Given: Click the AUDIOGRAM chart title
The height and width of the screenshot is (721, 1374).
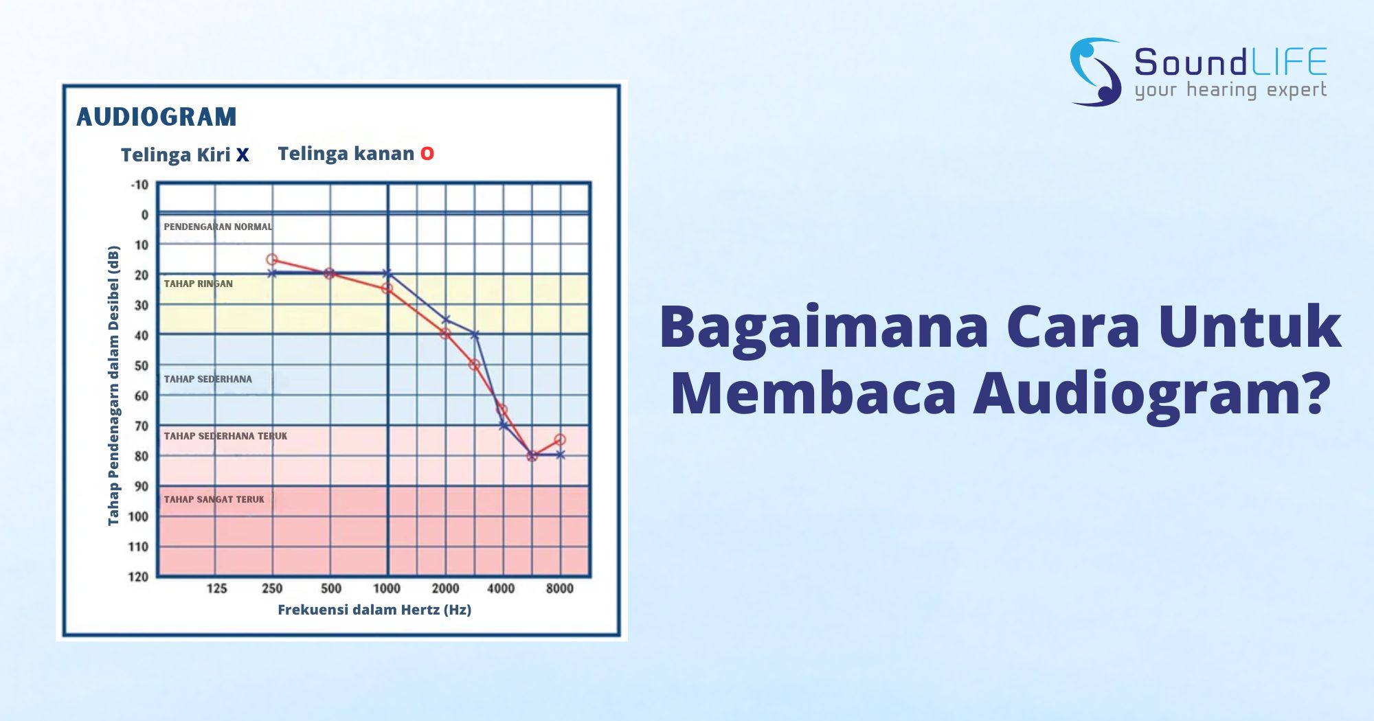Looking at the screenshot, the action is tap(157, 117).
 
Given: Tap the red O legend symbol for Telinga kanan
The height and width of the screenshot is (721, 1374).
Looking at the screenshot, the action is tap(427, 154).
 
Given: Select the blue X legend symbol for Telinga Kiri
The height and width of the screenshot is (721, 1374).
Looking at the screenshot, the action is tap(243, 155).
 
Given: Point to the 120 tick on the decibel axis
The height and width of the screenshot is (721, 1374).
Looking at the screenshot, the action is tap(138, 576).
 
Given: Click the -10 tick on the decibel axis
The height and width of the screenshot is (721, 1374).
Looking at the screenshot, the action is tap(139, 185).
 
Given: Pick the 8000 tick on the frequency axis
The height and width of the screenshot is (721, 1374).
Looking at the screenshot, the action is tap(560, 588).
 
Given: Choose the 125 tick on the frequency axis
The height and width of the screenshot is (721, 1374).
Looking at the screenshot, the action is tap(217, 588).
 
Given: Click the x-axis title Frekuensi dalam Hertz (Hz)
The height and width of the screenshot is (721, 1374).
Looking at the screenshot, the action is tap(374, 610).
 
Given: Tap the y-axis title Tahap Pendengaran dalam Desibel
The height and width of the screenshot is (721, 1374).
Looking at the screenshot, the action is tap(113, 386).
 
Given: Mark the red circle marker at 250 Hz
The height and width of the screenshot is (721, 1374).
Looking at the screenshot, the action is tap(272, 260).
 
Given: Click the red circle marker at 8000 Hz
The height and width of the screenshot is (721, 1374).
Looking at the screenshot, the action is tap(560, 439).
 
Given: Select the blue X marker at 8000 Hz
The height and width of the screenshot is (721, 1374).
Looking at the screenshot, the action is tap(560, 455).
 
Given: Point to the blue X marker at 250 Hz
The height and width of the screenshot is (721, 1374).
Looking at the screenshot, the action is tap(272, 273).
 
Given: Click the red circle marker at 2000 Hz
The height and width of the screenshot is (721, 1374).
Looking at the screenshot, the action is tap(445, 334).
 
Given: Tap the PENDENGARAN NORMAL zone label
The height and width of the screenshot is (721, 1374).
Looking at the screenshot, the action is tap(218, 227).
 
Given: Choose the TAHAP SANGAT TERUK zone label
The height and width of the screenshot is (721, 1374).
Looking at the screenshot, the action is tap(214, 499).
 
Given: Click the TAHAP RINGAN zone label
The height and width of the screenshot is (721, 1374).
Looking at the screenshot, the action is tap(198, 284).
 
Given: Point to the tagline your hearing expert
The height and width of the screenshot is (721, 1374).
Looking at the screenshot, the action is tap(1230, 90).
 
